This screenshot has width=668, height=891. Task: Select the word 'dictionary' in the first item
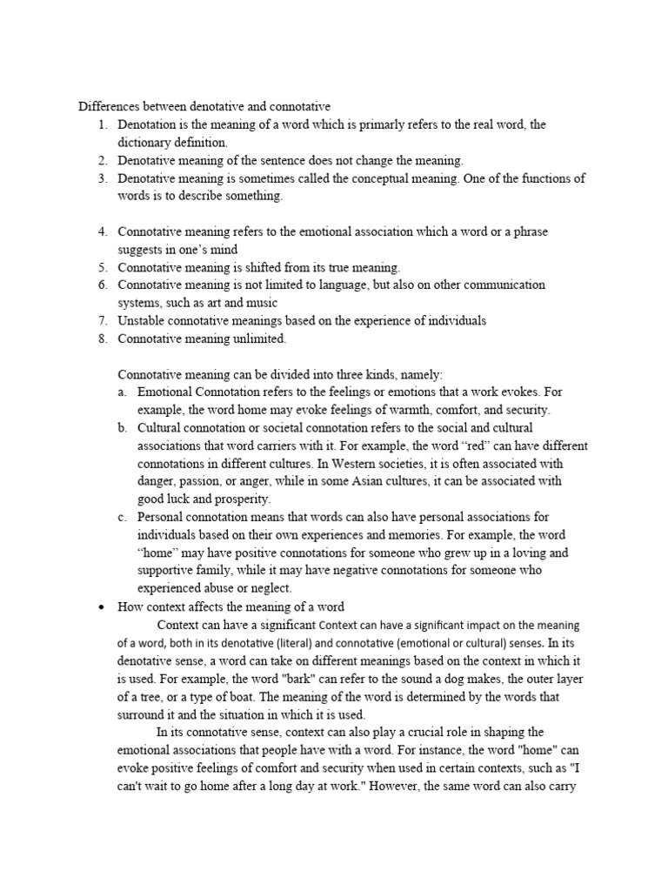[x=145, y=141]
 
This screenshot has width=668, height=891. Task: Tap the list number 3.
[x=102, y=178]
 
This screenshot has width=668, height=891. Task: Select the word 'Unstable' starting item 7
[x=142, y=320]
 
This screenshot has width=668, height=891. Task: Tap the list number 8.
[x=102, y=338]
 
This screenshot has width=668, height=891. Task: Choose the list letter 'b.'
[x=122, y=428]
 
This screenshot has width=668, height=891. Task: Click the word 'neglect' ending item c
[x=264, y=588]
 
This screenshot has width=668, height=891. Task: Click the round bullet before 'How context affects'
[x=102, y=606]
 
